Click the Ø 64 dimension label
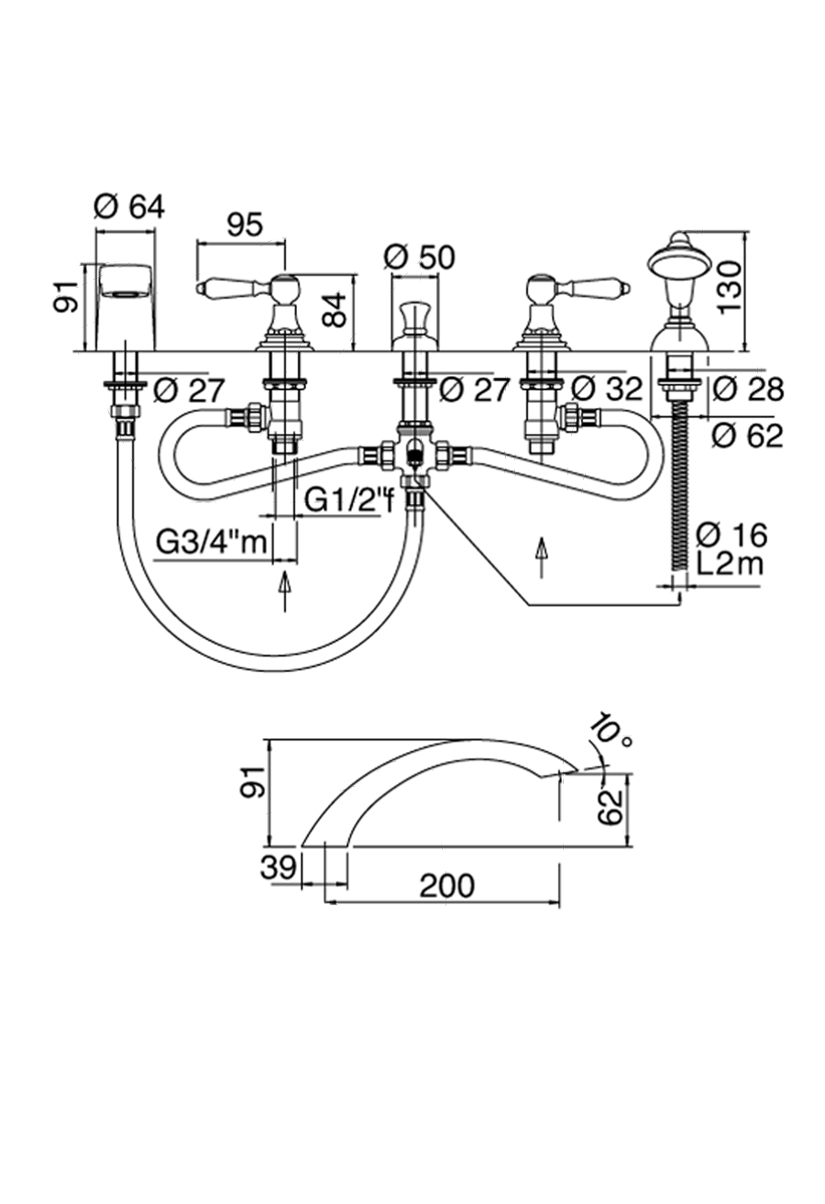tap(129, 207)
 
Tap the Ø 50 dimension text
tap(420, 257)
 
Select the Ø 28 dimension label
tap(746, 389)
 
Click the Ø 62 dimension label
tap(746, 436)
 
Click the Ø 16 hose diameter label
tap(731, 534)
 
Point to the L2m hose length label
tap(730, 563)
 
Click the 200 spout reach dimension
tap(447, 886)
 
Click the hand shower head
tap(681, 259)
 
